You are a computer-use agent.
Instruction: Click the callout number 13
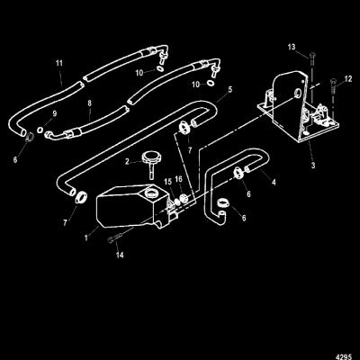[x=292, y=47]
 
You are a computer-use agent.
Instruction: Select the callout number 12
[x=348, y=79]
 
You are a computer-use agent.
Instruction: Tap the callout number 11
[x=59, y=63]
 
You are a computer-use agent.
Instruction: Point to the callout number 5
[x=229, y=89]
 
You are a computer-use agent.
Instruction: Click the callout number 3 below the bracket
[x=313, y=166]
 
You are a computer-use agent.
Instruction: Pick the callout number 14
[x=120, y=255]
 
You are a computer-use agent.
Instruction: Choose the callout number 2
[x=127, y=162]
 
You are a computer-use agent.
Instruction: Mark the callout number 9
[x=55, y=113]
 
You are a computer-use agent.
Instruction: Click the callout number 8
[x=89, y=103]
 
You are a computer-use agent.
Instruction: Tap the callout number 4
[x=274, y=182]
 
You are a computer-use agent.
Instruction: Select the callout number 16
[x=178, y=179]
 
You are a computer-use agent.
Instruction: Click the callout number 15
[x=167, y=182]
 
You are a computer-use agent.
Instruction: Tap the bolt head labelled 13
[x=312, y=55]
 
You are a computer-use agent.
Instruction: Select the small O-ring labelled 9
[x=40, y=130]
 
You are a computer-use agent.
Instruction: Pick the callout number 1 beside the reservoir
[x=86, y=238]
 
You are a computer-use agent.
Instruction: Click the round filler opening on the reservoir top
[x=151, y=193]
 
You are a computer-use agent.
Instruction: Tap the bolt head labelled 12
[x=333, y=81]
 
